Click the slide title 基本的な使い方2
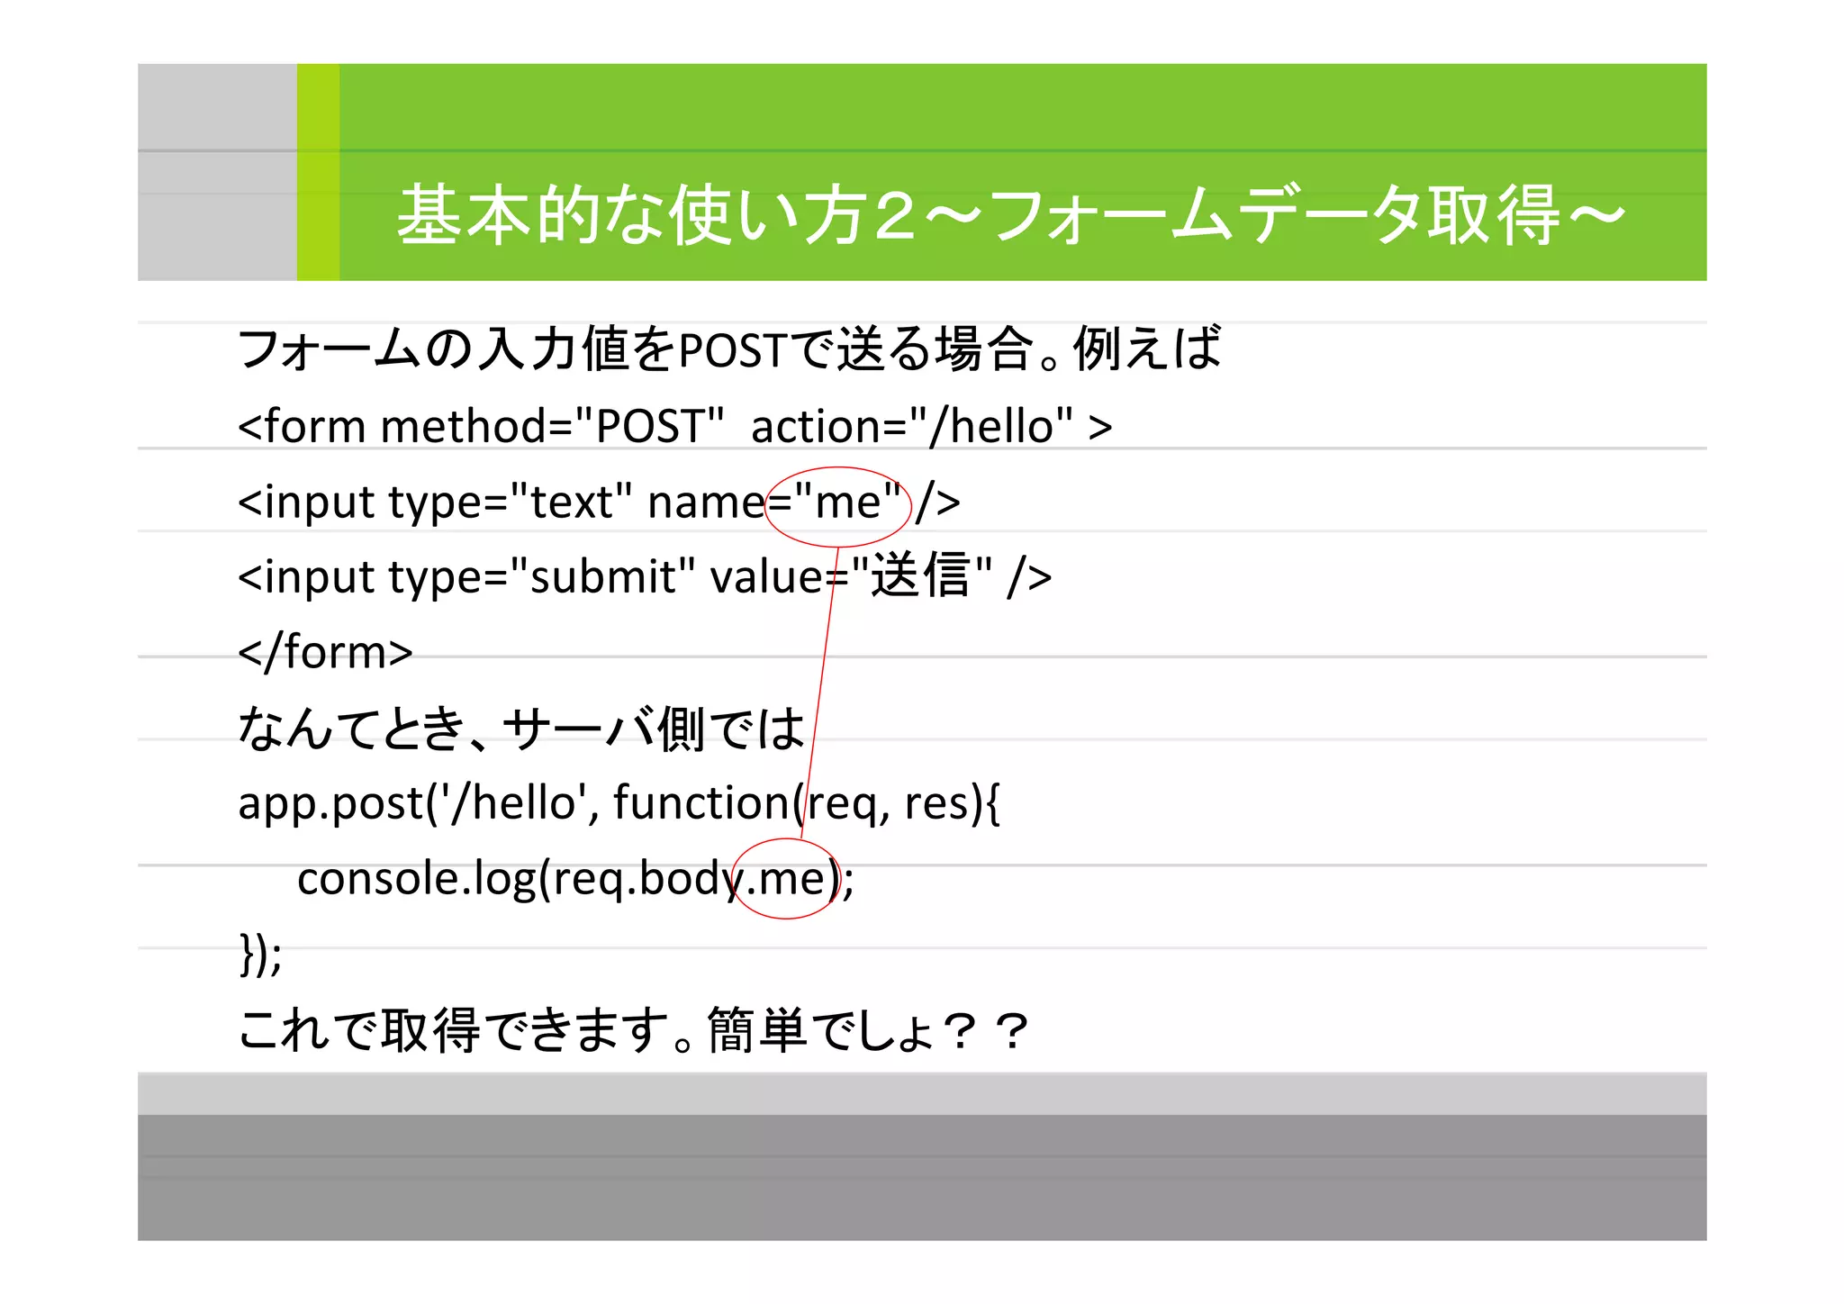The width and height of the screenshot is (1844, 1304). pos(657,215)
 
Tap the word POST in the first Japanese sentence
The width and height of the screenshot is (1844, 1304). pos(733,350)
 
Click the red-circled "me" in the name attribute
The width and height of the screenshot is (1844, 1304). pos(846,502)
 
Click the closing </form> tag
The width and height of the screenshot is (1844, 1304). pos(325,651)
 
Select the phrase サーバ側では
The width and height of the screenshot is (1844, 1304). pos(654,728)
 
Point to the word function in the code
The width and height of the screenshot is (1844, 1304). pos(702,802)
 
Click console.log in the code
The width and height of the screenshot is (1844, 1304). pos(417,878)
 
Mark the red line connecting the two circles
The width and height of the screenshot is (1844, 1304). pos(821,684)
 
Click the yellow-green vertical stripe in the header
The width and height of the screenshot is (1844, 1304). pos(318,172)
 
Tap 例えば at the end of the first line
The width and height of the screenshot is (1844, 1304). pos(1147,349)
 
